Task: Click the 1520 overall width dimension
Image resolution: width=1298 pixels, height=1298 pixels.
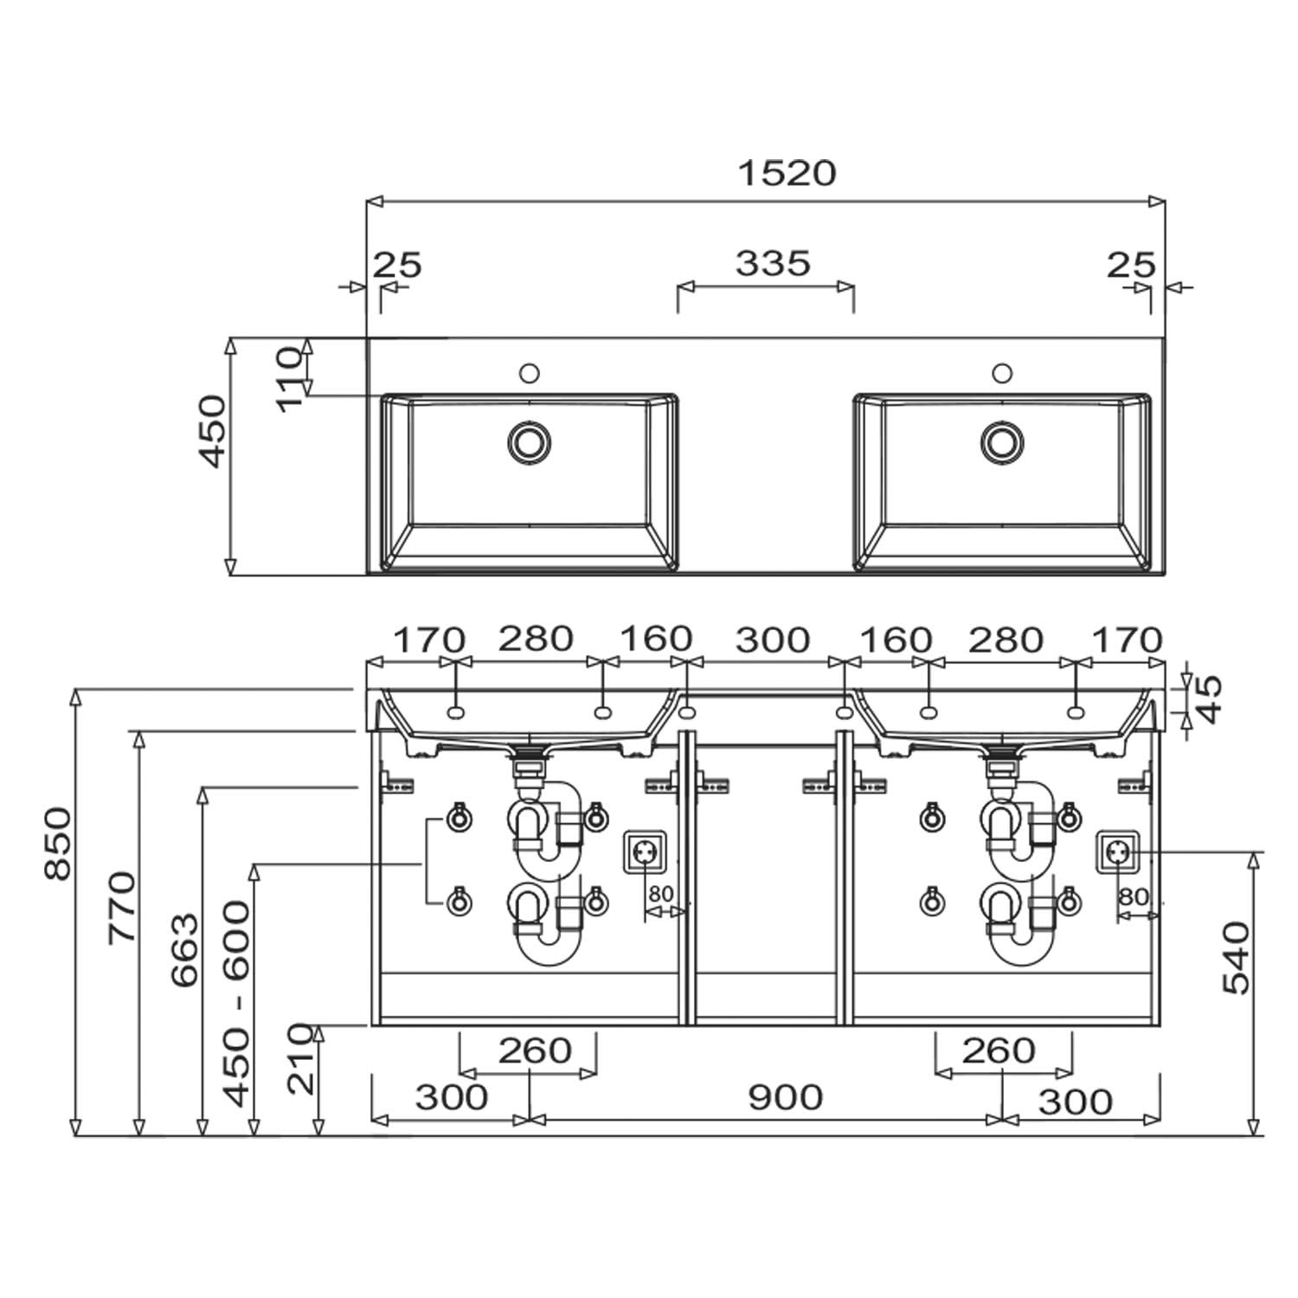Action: pos(787,174)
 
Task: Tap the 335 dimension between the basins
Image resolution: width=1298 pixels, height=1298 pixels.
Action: pos(773,263)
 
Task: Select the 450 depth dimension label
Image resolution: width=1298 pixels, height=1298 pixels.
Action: pos(213,430)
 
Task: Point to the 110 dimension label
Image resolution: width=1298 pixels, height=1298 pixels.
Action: pos(291,378)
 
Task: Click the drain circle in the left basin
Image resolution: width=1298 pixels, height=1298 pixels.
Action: pos(529,440)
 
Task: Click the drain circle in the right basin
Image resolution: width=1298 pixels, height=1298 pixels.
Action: pos(1002,440)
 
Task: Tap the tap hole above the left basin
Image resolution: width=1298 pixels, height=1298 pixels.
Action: pos(530,373)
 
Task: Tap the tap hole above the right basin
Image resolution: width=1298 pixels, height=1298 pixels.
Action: pos(1002,373)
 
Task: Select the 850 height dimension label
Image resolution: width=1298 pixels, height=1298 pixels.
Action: pos(59,843)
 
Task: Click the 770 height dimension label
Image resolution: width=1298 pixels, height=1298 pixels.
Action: pos(122,907)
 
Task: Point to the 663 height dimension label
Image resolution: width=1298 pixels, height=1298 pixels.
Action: pos(185,949)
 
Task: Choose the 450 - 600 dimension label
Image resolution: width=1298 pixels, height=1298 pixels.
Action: pos(237,1004)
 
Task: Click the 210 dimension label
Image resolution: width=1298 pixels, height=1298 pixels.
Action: pos(301,1058)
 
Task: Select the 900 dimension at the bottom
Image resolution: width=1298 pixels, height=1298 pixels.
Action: pos(785,1097)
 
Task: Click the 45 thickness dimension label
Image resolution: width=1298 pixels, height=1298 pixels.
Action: pos(1210,698)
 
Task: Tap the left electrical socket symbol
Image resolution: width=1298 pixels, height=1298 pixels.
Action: pos(643,852)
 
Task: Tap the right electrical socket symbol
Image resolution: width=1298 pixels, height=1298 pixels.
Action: pos(1118,852)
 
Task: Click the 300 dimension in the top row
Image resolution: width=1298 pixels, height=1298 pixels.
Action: pos(773,640)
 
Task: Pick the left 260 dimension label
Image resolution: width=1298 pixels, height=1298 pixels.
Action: pos(535,1051)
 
